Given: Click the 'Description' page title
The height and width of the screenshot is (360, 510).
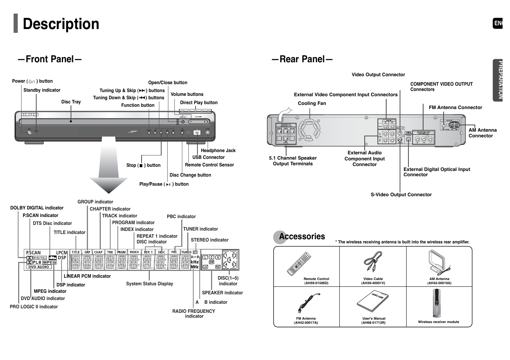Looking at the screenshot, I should [x=61, y=24].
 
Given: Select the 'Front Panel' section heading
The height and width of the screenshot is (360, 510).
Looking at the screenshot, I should [x=49, y=59].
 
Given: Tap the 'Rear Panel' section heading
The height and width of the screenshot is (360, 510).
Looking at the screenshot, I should [x=302, y=59].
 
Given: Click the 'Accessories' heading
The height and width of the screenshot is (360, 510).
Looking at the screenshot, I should [x=302, y=237].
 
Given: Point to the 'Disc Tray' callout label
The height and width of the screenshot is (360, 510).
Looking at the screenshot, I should [x=71, y=102].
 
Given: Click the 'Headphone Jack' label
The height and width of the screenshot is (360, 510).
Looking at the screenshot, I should [x=218, y=151].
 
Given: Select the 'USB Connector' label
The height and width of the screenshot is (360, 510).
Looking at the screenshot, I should [x=208, y=157].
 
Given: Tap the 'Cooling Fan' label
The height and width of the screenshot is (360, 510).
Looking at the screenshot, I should [x=312, y=103].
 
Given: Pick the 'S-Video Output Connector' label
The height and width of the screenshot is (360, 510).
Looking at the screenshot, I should [x=401, y=195].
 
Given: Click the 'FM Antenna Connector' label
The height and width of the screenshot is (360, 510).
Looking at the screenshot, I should [x=455, y=108].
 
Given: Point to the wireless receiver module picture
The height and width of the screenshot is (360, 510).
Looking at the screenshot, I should [x=437, y=303].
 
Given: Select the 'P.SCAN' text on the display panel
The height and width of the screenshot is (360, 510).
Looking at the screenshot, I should [x=33, y=253].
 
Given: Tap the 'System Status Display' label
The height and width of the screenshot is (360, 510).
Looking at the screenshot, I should [x=149, y=284].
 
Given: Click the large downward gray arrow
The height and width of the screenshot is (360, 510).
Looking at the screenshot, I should [x=109, y=166].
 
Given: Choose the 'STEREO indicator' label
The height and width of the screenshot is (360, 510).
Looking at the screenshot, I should [x=210, y=240].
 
